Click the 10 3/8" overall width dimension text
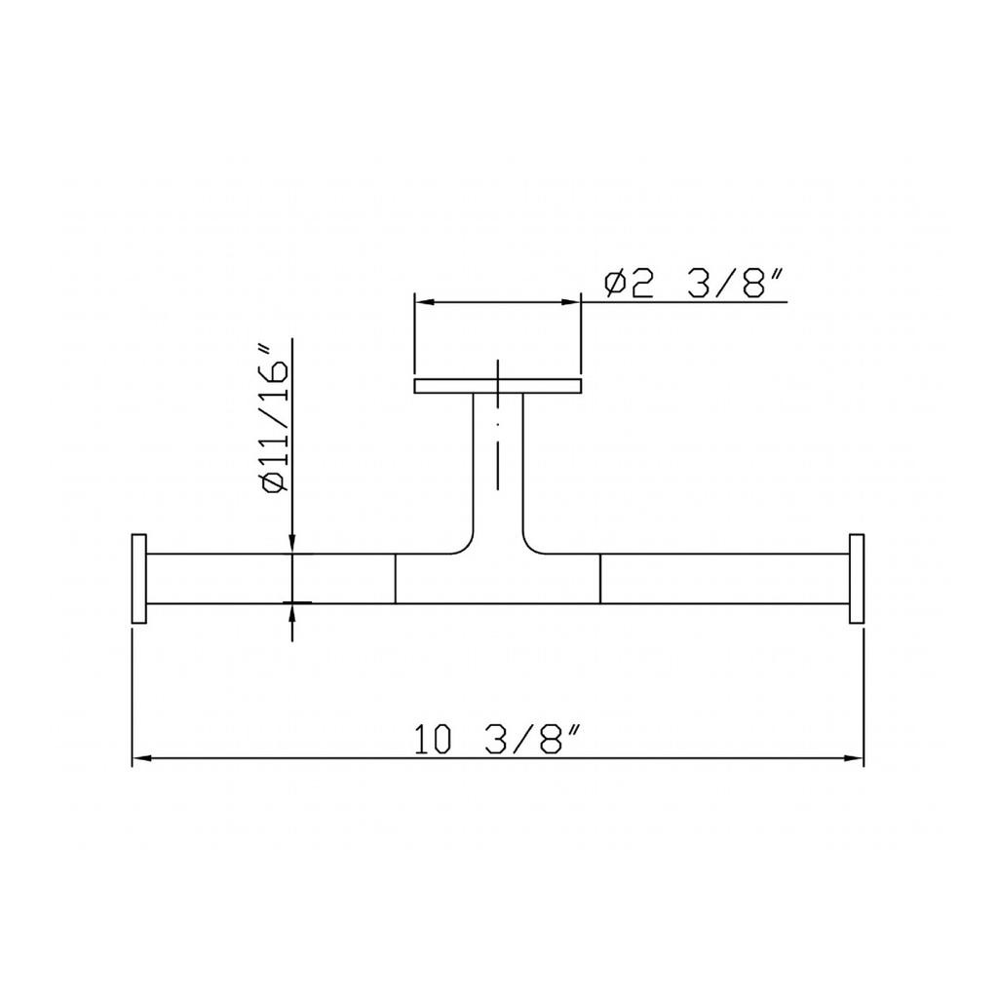tap(498, 739)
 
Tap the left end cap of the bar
tap(138, 579)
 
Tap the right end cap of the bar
tap(857, 579)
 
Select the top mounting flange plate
tap(498, 386)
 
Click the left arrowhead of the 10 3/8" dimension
tap(140, 758)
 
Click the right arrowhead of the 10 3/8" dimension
tap(854, 758)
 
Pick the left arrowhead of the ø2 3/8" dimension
tap(423, 302)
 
